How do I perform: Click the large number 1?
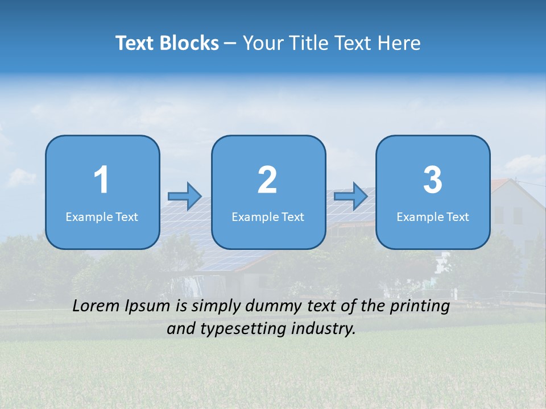[x=102, y=180]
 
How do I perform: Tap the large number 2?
[x=267, y=180]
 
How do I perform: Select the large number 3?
[x=433, y=180]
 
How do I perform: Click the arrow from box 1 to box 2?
[x=185, y=196]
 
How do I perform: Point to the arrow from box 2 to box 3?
[x=351, y=196]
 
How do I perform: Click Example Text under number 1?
[x=102, y=216]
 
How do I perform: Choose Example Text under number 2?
[x=268, y=216]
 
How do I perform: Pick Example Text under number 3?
[x=433, y=216]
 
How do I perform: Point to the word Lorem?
[x=96, y=306]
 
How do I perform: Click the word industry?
[x=323, y=328]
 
